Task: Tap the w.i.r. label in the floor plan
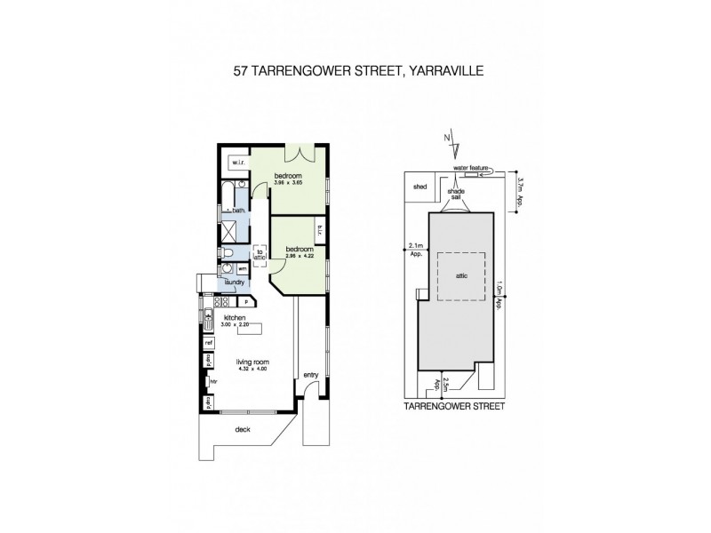point(238,163)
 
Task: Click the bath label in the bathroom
point(238,211)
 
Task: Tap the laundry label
point(235,282)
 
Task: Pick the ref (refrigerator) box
point(209,342)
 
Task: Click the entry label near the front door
point(310,374)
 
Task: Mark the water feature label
point(471,167)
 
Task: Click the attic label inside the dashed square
point(461,275)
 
